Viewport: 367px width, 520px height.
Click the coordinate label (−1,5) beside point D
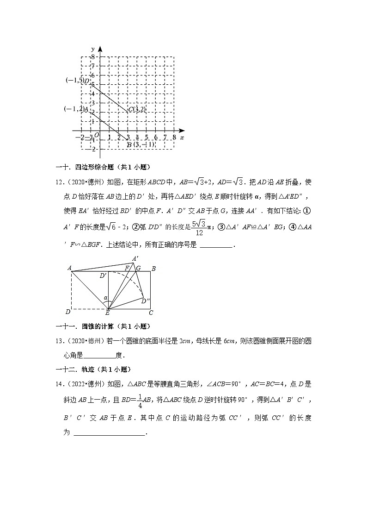[74, 81]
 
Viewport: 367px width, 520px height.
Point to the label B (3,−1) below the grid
[141, 144]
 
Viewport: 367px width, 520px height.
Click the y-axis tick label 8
[92, 56]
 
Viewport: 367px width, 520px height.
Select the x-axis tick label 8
[174, 138]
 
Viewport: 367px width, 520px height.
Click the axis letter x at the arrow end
[182, 138]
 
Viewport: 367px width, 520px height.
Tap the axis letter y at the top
[93, 49]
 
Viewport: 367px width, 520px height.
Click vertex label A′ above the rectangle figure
[135, 258]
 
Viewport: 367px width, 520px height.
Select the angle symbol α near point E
[105, 298]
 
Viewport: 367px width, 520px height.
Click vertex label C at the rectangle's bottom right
[151, 313]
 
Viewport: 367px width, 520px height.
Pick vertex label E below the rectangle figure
[108, 313]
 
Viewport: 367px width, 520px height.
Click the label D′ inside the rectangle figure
[103, 276]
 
